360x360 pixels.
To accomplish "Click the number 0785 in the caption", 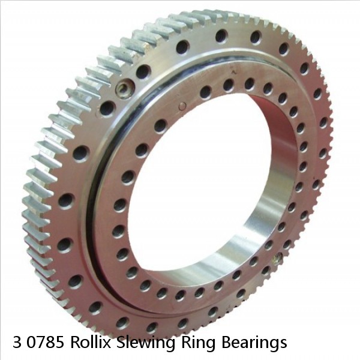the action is click(x=46, y=343).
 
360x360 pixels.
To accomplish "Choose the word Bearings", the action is click(x=254, y=343).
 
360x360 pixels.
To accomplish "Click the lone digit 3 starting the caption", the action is click(x=17, y=343).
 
